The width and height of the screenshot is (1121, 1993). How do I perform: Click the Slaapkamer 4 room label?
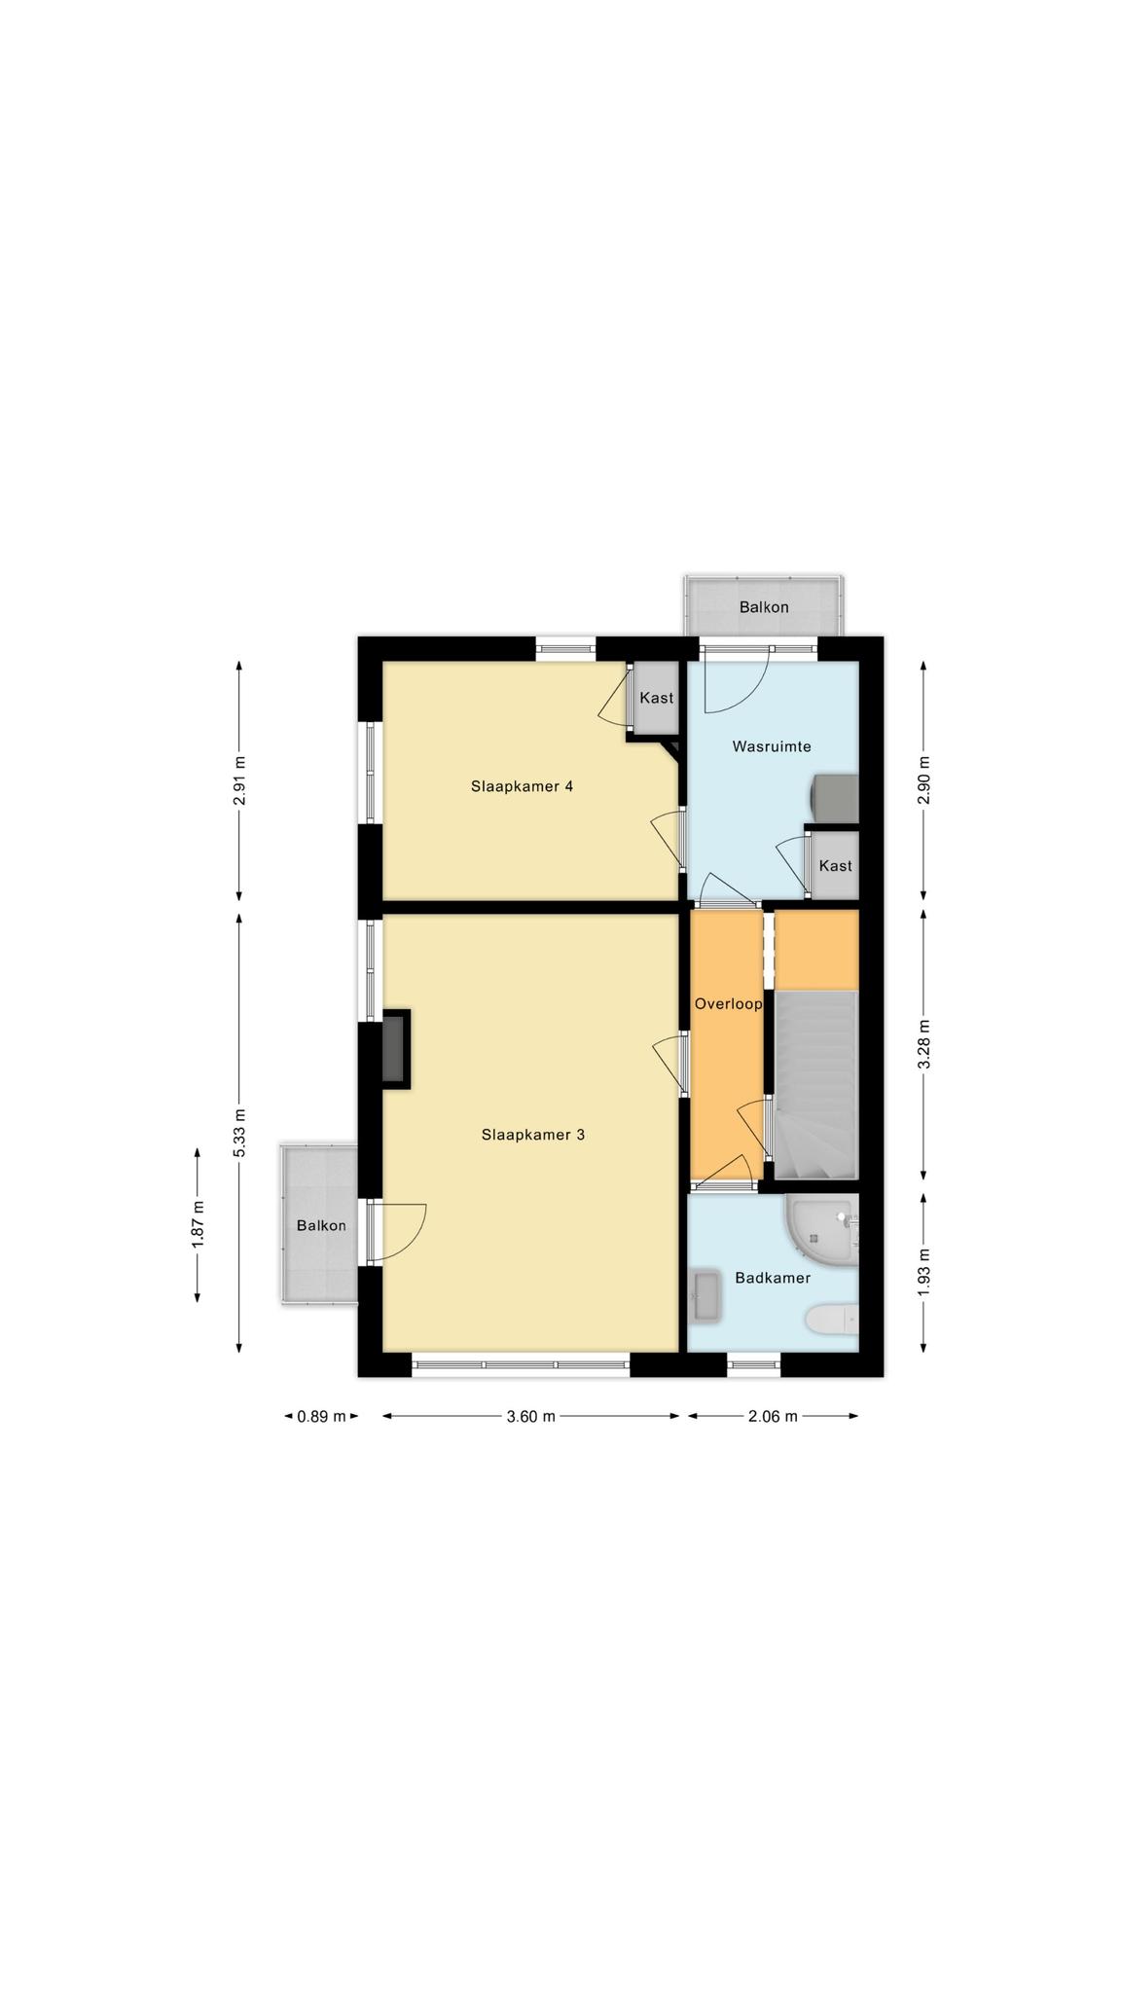(522, 786)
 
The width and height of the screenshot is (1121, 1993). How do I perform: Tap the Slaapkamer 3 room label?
(532, 1135)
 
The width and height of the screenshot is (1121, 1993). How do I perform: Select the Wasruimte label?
(772, 746)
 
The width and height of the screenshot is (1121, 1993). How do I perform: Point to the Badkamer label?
(773, 1278)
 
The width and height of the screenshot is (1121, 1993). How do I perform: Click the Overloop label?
(728, 1003)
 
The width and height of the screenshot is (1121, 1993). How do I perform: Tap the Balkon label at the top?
(764, 607)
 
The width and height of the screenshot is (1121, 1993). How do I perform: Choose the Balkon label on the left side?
(321, 1225)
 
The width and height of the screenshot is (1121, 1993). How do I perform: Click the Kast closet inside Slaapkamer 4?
(657, 698)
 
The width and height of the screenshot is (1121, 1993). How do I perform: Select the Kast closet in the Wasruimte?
(835, 865)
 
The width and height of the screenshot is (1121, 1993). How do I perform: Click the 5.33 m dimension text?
(239, 1133)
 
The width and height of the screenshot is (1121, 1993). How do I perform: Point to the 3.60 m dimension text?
(531, 1416)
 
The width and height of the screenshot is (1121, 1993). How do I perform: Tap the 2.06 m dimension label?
(773, 1416)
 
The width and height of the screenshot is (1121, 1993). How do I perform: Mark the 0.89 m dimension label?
(321, 1416)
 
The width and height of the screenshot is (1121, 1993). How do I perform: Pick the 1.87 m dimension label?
(198, 1224)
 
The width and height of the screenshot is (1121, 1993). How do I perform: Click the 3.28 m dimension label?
(924, 1044)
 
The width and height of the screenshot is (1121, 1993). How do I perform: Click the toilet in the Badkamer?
(832, 1319)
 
